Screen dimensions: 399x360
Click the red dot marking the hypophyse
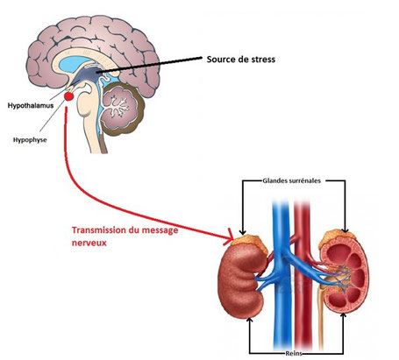click(68, 96)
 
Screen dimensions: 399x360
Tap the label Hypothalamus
click(31, 105)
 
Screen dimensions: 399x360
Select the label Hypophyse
click(30, 140)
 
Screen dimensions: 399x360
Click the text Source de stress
click(241, 60)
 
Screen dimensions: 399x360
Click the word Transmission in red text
click(98, 230)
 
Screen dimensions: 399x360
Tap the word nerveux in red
click(89, 243)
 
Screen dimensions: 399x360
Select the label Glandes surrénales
click(291, 180)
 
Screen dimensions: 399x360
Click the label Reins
click(294, 354)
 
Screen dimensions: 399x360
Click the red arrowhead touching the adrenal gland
click(229, 237)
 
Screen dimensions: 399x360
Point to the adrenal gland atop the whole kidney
click(250, 243)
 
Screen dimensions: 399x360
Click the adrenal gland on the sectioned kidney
click(336, 237)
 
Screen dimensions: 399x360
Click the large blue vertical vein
click(281, 274)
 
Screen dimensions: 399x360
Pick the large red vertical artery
click(303, 274)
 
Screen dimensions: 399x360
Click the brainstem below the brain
click(90, 123)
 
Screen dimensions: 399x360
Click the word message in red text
click(160, 230)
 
